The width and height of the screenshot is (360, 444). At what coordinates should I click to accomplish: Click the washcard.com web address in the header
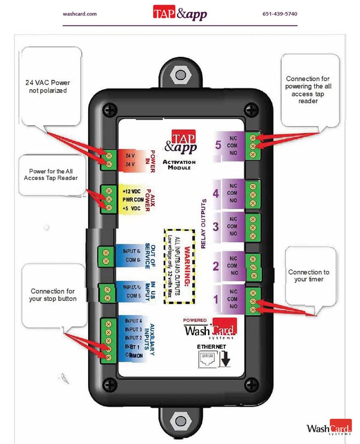pyautogui.click(x=80, y=13)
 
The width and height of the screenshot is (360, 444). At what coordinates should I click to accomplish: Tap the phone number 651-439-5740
pyautogui.click(x=279, y=13)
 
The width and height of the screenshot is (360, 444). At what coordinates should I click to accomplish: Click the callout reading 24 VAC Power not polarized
pyautogui.click(x=48, y=87)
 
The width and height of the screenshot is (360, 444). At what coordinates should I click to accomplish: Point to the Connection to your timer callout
pyautogui.click(x=308, y=275)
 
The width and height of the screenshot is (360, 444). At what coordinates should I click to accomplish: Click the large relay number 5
pyautogui.click(x=217, y=145)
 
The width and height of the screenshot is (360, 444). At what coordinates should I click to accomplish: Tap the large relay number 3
pyautogui.click(x=216, y=226)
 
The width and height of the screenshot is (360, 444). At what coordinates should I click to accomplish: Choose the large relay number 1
pyautogui.click(x=216, y=300)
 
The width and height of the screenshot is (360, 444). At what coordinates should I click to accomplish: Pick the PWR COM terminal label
pyautogui.click(x=131, y=200)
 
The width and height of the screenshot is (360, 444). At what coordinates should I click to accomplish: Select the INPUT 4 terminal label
pyautogui.click(x=133, y=321)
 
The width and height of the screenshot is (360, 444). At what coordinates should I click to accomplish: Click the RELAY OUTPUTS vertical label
pyautogui.click(x=204, y=225)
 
